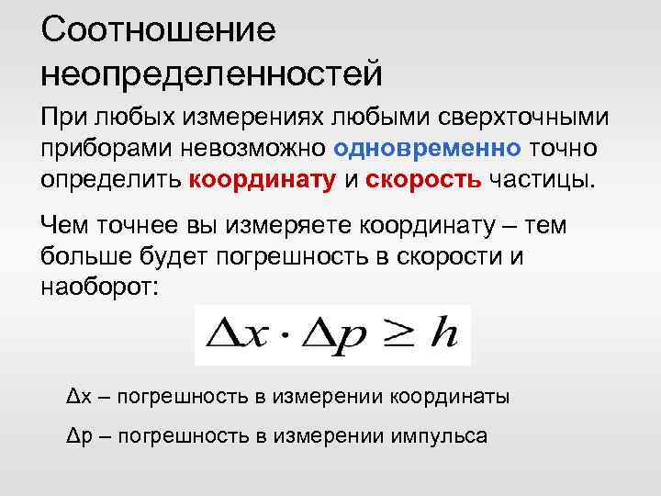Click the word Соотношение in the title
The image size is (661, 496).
coord(158,31)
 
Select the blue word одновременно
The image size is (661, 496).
coord(428,147)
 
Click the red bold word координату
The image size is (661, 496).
coord(263,177)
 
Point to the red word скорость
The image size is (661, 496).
coord(424,177)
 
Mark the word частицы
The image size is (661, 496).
coord(542,177)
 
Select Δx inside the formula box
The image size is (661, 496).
coord(234,333)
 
